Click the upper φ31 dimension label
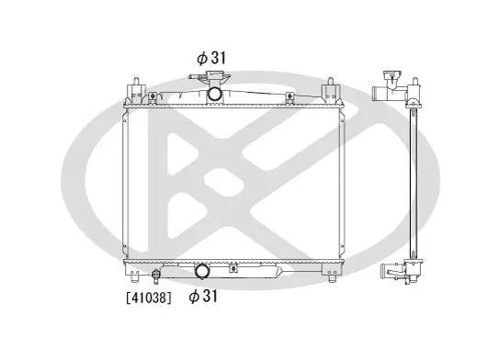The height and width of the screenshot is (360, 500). [210, 57]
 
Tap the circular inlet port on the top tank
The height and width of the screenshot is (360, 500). [214, 94]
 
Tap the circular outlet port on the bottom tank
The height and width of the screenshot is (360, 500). [202, 271]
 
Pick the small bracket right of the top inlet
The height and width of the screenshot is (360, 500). [290, 96]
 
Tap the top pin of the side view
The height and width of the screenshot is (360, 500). [413, 73]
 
